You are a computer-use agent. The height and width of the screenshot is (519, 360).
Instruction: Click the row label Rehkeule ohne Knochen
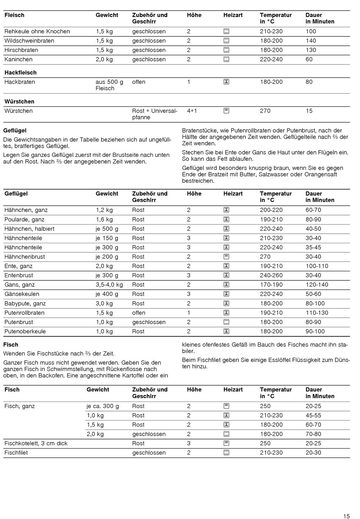point(37,31)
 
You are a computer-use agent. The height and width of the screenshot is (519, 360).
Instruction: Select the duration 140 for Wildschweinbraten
point(311,41)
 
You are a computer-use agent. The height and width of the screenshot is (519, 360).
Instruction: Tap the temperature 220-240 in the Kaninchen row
point(271,59)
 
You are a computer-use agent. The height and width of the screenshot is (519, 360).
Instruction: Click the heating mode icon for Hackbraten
point(226,82)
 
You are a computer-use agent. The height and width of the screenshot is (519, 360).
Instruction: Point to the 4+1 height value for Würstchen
point(192,111)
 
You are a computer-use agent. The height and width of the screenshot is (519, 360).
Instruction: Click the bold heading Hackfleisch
point(20,72)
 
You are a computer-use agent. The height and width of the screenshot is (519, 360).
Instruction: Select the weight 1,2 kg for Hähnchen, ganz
point(104,210)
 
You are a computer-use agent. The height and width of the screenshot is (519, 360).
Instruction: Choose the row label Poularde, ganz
point(24,220)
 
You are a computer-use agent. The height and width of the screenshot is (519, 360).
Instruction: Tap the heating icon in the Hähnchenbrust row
point(226,257)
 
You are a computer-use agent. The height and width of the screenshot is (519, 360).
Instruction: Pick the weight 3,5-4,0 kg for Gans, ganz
point(109,285)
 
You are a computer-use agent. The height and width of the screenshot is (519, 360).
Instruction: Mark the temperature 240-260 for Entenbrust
point(271,275)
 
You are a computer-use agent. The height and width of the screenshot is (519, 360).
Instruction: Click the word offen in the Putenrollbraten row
point(139,313)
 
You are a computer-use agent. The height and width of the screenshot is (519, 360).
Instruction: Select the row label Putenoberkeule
point(25,331)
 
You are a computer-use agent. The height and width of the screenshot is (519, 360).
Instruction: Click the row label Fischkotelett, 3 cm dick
point(36,444)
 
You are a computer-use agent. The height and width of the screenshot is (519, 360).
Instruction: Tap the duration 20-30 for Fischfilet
point(313,453)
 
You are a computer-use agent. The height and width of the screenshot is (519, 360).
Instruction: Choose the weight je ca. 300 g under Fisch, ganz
point(103,406)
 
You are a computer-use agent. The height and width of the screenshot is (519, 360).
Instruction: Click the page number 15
point(346,516)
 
